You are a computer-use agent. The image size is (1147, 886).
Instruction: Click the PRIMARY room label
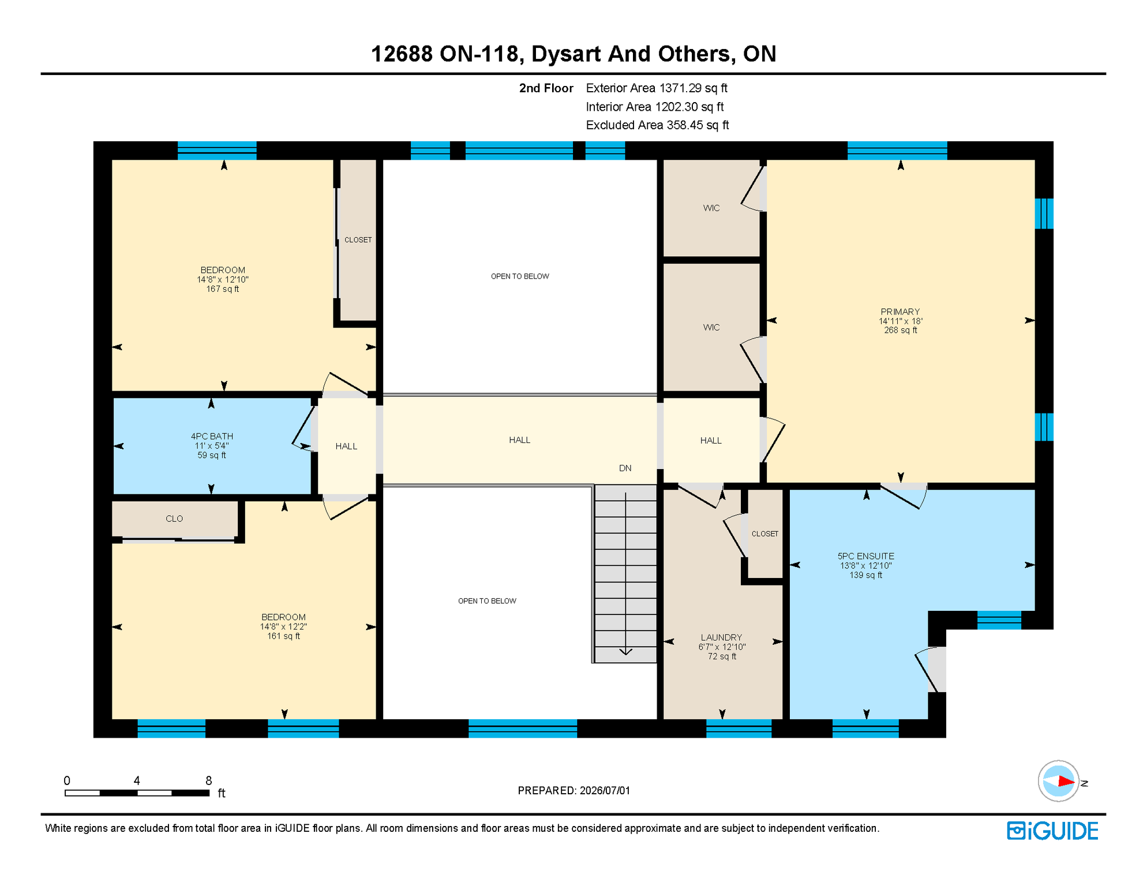tap(900, 312)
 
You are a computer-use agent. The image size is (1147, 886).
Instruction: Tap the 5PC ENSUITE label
tap(865, 557)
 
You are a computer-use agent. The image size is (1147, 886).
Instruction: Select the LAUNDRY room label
tap(721, 637)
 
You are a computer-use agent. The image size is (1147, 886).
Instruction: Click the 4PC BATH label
tap(212, 437)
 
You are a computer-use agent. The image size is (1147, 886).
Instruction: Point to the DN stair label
tap(625, 468)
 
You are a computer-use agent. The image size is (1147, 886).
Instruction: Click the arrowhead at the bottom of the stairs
tap(625, 652)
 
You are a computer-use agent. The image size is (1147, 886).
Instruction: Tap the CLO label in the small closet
tap(174, 519)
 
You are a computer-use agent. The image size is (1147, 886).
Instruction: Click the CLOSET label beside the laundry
tap(765, 534)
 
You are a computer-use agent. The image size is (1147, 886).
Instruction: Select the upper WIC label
tap(711, 208)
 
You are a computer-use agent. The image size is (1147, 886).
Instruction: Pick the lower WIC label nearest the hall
tap(711, 328)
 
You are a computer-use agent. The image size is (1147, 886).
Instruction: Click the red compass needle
tap(1066, 782)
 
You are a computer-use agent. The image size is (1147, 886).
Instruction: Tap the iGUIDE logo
tap(1052, 831)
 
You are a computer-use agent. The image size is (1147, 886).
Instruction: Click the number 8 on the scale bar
tap(209, 781)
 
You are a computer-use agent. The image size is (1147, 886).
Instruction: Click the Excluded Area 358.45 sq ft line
tap(657, 125)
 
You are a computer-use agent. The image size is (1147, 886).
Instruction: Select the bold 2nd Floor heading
tap(546, 88)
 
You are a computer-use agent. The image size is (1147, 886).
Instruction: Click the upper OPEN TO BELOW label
tap(520, 277)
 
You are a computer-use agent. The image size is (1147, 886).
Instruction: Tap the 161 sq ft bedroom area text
tap(283, 636)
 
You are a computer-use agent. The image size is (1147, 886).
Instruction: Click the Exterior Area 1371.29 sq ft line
tap(657, 88)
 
